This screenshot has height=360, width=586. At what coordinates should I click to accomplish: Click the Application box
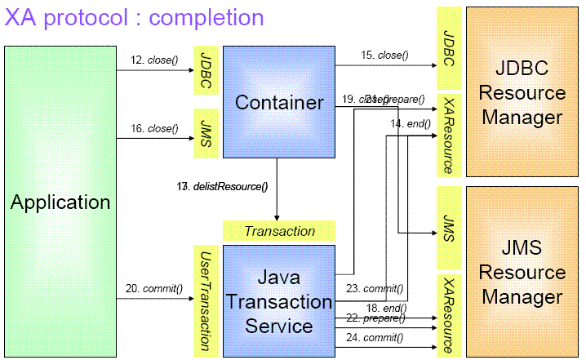(x=60, y=201)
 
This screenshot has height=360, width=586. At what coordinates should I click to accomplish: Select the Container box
(x=279, y=102)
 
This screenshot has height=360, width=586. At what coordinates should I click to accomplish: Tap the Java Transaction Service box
(x=279, y=300)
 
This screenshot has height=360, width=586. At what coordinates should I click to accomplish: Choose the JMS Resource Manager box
(x=522, y=271)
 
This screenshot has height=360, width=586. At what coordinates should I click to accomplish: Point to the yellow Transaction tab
(x=279, y=231)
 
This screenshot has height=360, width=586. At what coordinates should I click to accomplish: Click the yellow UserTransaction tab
(x=204, y=300)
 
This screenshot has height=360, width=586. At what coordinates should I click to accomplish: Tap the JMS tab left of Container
(x=204, y=132)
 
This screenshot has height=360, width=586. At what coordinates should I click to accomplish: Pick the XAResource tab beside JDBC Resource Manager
(x=448, y=134)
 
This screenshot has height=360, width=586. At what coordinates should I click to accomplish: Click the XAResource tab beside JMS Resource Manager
(x=448, y=314)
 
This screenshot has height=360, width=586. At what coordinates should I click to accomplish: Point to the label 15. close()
(x=384, y=56)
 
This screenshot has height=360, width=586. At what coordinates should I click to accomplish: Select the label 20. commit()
(x=152, y=288)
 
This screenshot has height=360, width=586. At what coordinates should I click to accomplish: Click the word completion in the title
(x=203, y=17)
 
